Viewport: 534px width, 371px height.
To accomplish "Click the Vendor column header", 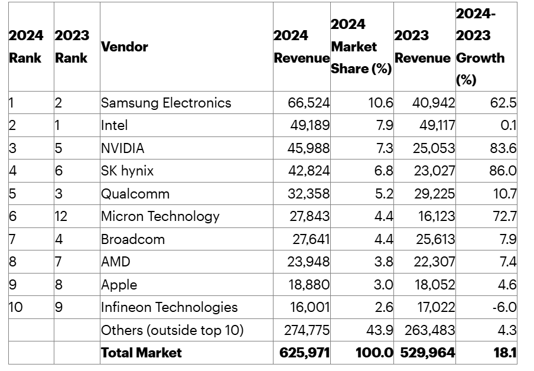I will point(125,47).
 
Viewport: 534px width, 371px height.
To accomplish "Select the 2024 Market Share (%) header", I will point(361,47).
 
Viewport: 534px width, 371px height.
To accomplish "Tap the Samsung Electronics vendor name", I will point(166,103).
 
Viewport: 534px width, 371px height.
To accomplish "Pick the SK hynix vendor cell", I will point(127,171).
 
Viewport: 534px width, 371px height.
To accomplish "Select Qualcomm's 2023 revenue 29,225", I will point(434,194).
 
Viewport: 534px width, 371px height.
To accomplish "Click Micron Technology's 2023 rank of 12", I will point(61,216).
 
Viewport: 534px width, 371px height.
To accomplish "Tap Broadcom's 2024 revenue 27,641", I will point(310,239).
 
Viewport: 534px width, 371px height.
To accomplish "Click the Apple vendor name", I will point(119,285).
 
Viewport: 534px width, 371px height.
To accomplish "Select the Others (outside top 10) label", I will point(172,330).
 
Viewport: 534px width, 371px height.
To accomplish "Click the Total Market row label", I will point(142,353).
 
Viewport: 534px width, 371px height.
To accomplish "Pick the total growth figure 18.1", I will point(505,353).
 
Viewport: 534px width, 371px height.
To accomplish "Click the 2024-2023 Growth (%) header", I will point(480,47).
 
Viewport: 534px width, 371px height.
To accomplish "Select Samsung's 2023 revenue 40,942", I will point(434,103).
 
